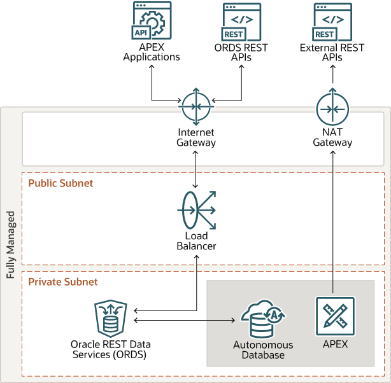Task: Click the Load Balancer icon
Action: coord(195,209)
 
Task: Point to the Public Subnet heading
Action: coord(60,183)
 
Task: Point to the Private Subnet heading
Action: coord(62,281)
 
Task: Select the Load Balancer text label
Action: coord(195,241)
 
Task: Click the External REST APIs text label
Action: coord(332,52)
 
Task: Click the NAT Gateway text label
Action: coord(332,137)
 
